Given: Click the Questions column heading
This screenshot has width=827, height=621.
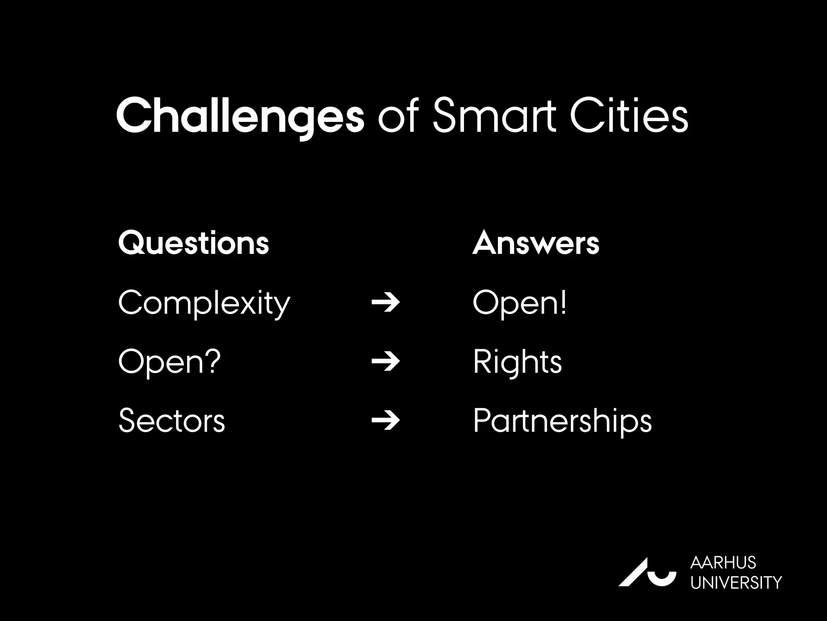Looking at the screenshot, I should click(x=193, y=243).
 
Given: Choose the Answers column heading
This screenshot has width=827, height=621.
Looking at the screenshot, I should click(x=535, y=243).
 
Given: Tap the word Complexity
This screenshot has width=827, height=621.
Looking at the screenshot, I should click(x=204, y=303).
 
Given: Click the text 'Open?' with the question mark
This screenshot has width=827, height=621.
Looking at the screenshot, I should click(x=170, y=361).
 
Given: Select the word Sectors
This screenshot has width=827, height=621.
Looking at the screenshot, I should click(x=172, y=421).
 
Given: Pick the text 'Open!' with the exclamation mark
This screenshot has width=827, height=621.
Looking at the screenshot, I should click(x=519, y=303).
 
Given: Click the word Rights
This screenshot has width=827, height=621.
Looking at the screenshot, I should click(x=517, y=361).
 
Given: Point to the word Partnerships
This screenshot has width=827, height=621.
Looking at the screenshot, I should click(x=562, y=421).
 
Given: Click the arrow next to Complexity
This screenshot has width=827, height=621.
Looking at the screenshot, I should click(x=386, y=303).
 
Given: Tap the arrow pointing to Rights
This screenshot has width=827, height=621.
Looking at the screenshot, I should click(x=386, y=361).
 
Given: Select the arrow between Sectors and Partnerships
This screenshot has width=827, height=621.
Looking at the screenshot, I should click(x=386, y=421).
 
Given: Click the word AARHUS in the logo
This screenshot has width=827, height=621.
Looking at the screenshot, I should click(x=723, y=562).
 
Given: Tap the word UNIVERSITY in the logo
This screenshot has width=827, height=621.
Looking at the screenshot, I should click(x=736, y=583).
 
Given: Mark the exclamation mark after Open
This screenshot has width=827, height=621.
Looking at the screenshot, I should click(x=563, y=302).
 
